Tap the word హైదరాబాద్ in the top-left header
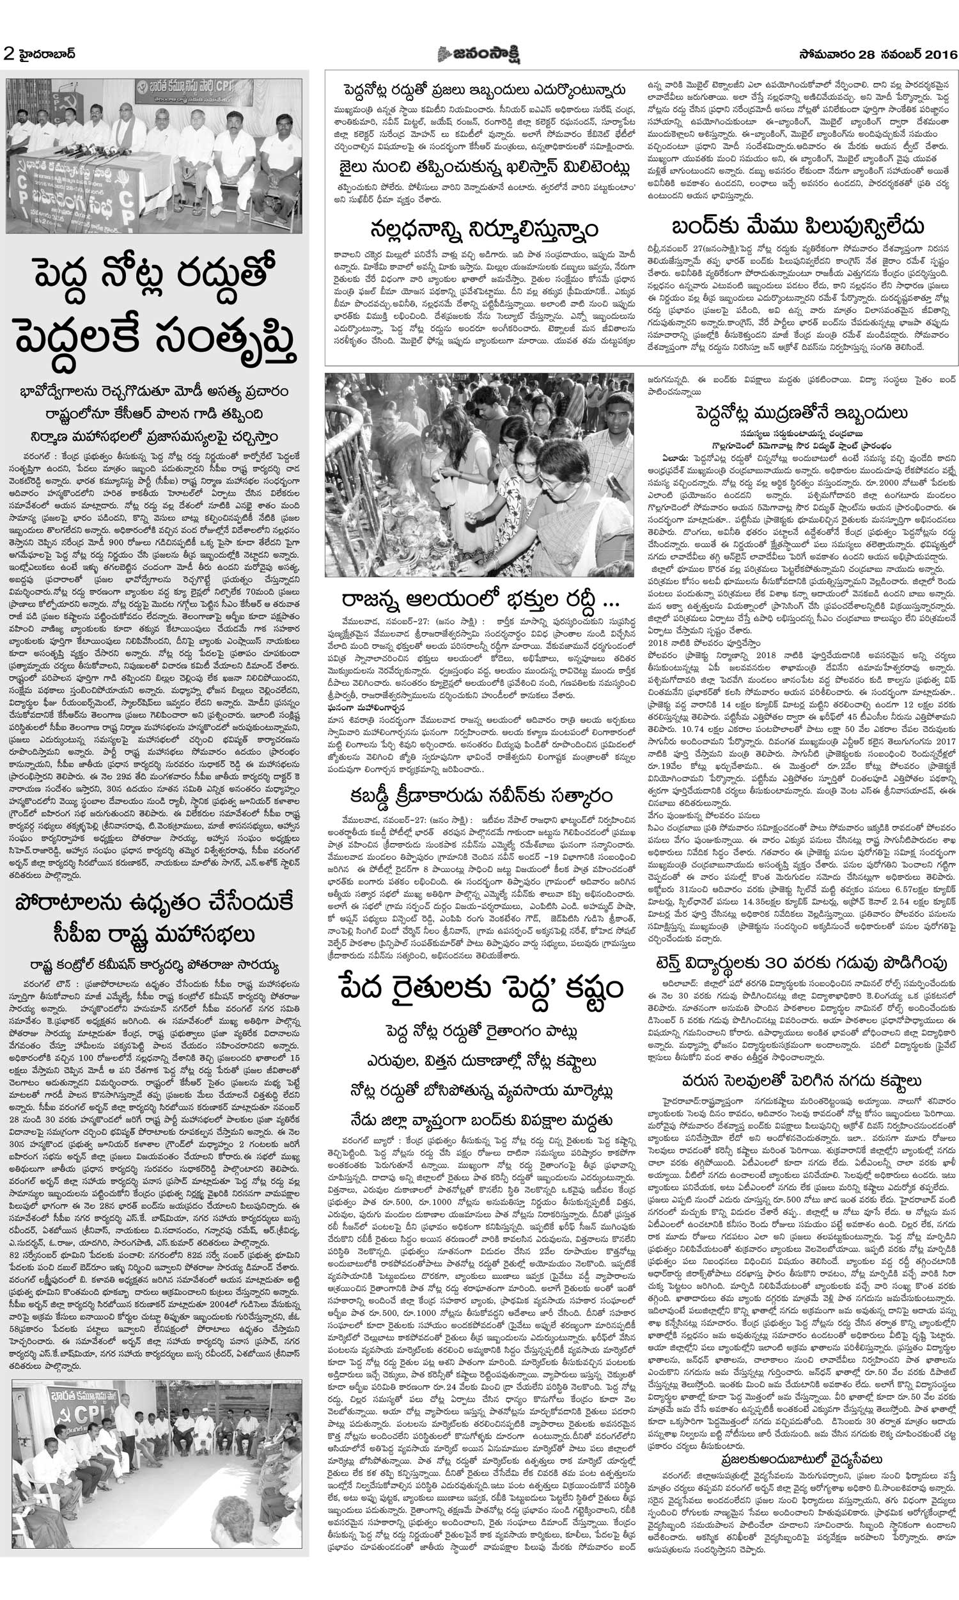point(46,54)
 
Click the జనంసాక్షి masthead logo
point(479,53)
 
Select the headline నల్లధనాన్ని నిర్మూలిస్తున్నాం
point(483,229)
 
